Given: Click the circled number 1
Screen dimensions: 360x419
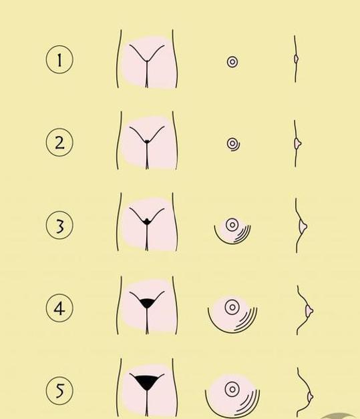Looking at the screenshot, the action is click(59, 59).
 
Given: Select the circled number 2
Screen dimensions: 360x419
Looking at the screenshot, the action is click(59, 142).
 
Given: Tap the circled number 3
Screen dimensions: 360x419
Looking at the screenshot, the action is click(59, 225).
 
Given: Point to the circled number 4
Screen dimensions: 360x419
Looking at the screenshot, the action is click(59, 308).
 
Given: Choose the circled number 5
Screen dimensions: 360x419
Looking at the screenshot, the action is click(59, 391).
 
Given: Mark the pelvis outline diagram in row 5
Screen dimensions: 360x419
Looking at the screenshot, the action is click(146, 389).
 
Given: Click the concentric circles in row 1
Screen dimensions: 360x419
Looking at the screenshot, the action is click(232, 62).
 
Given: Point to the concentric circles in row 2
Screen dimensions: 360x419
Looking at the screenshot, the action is click(232, 144).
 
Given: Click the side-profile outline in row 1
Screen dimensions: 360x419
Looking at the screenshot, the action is click(295, 59).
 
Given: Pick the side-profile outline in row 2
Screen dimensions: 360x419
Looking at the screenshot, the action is click(296, 143).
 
